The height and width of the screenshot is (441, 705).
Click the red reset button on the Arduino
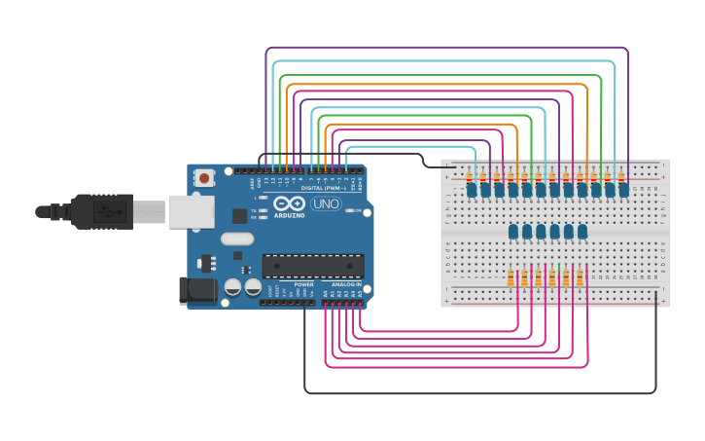(205, 178)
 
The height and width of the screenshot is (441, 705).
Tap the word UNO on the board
(326, 204)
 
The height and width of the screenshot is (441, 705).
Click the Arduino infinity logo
(290, 204)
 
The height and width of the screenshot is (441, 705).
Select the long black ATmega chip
(313, 266)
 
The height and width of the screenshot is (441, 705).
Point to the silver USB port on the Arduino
(192, 211)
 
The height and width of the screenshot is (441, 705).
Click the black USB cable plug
(101, 211)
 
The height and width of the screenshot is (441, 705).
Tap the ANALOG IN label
(345, 284)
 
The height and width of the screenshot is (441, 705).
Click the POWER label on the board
(304, 284)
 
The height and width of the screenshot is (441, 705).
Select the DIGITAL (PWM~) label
(320, 188)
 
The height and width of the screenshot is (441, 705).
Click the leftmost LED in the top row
(472, 190)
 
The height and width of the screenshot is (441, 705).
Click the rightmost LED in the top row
(623, 190)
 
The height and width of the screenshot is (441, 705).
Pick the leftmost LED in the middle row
(513, 232)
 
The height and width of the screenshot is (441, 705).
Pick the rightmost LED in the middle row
(582, 232)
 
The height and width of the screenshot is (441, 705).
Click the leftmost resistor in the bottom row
(511, 278)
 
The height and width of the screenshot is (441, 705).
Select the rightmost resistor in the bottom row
(580, 278)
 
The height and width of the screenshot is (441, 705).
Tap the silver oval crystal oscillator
(237, 239)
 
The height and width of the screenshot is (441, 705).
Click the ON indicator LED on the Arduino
(357, 210)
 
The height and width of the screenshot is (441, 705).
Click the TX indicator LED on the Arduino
(265, 210)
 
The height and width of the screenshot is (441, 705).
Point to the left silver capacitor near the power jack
(233, 286)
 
